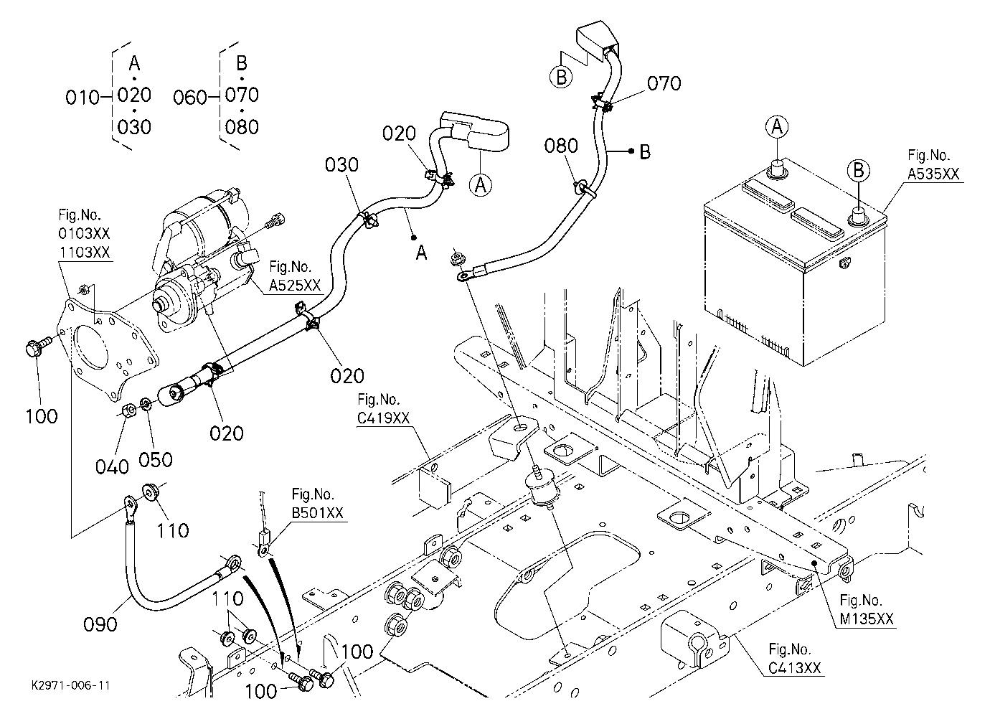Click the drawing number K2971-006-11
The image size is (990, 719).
click(71, 686)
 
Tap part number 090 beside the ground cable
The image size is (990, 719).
click(100, 624)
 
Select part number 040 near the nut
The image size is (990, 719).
click(112, 467)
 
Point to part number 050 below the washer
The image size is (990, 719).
click(156, 460)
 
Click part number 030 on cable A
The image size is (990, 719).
click(341, 165)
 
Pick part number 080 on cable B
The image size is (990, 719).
click(561, 146)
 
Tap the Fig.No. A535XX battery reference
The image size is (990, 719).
click(933, 164)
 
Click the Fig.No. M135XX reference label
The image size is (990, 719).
click(867, 609)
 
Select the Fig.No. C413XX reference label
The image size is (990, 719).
click(795, 659)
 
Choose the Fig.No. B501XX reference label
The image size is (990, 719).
click(317, 503)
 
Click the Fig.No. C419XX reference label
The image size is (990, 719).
click(383, 408)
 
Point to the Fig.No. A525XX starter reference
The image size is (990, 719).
click(295, 276)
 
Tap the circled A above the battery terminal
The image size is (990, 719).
click(777, 127)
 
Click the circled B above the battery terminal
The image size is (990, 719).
click(858, 171)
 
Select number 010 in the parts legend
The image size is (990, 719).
click(82, 98)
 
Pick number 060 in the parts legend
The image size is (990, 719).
click(190, 98)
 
